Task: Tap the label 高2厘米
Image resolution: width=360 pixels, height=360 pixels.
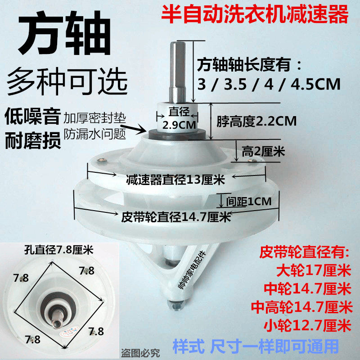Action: [x=263, y=152]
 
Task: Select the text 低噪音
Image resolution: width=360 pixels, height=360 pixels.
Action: [x=32, y=117]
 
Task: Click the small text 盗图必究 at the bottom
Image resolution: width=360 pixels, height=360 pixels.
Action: [x=139, y=353]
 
